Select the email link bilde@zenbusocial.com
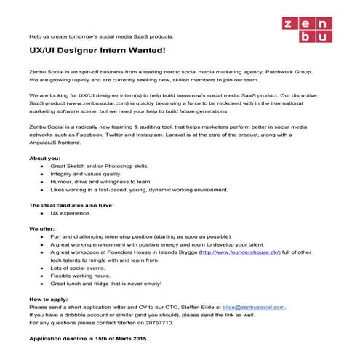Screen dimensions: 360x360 (253, 308)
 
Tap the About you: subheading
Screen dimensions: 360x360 (46, 158)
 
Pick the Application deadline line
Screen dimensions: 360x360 (91, 340)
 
